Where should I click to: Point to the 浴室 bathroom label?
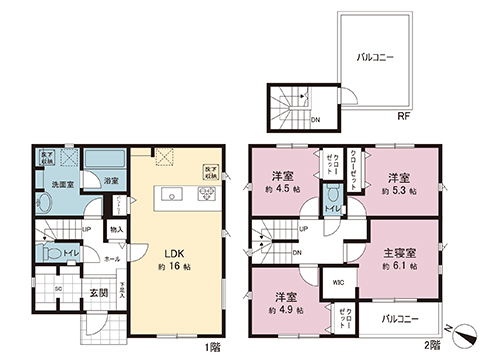[112, 182]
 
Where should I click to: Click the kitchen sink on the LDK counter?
[167, 193]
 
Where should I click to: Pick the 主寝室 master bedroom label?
[401, 254]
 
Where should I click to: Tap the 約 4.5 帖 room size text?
[279, 188]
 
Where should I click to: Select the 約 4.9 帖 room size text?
[286, 308]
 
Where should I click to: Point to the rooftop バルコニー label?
[375, 59]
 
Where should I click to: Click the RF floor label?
[402, 116]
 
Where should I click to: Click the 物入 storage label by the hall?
[117, 230]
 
